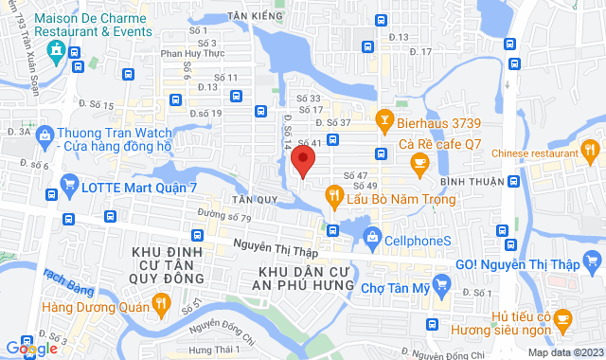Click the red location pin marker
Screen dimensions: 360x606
[x=302, y=160]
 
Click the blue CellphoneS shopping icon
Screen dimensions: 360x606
[x=373, y=238]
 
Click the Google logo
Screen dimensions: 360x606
[x=31, y=349]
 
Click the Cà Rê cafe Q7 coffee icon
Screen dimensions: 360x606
[x=419, y=165]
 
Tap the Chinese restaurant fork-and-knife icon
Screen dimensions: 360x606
[x=590, y=149]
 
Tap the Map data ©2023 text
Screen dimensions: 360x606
[x=563, y=352]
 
